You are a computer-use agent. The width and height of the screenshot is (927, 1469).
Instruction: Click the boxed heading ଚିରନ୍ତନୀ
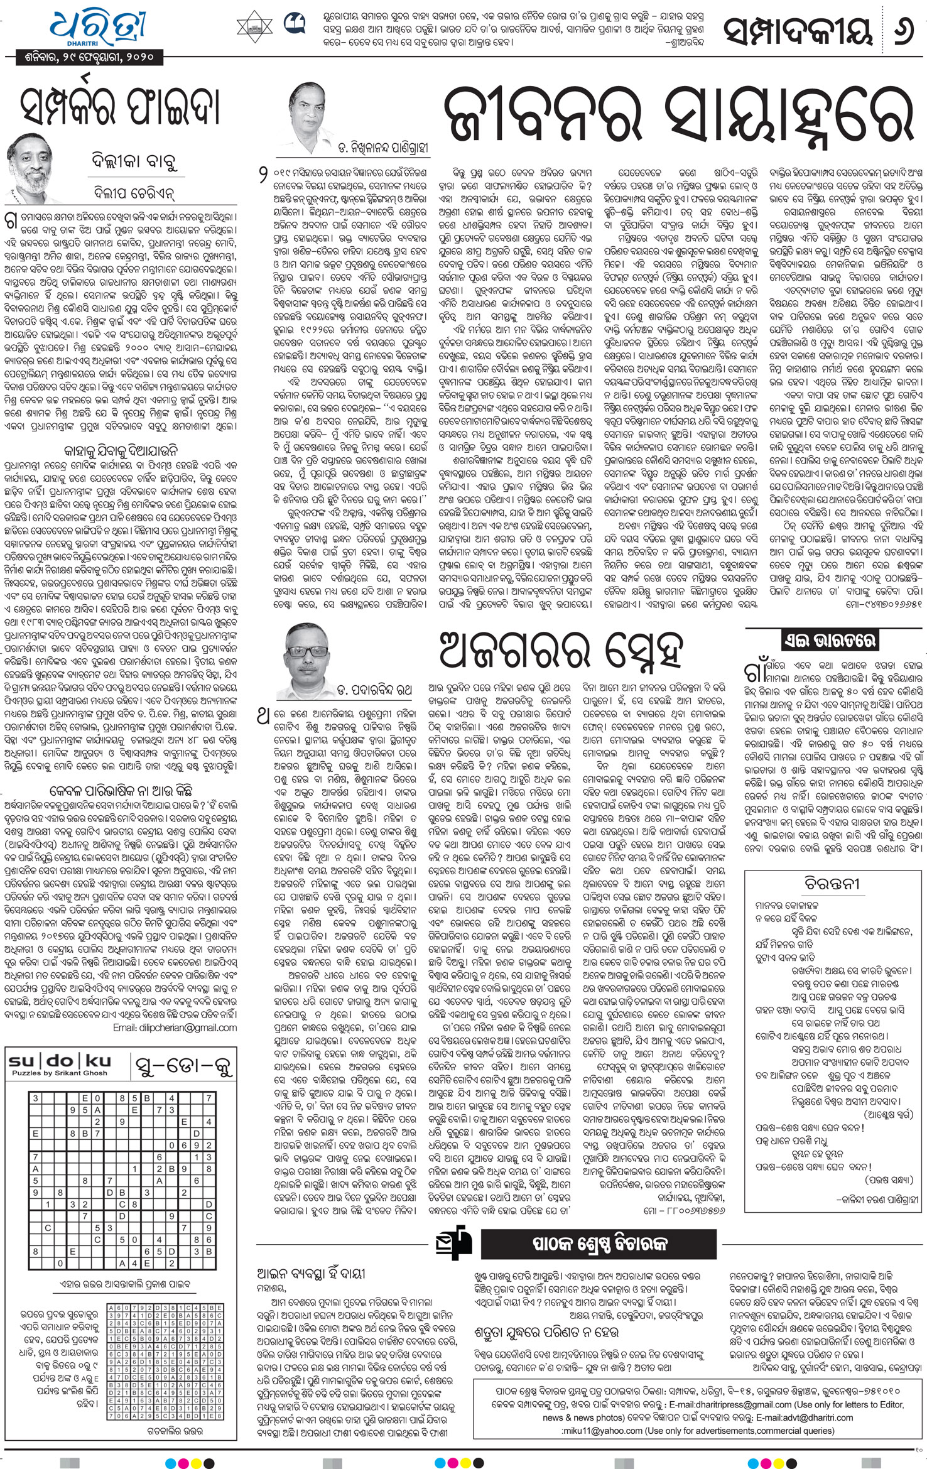[832, 883]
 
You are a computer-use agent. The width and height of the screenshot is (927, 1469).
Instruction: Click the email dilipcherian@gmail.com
[175, 1027]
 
